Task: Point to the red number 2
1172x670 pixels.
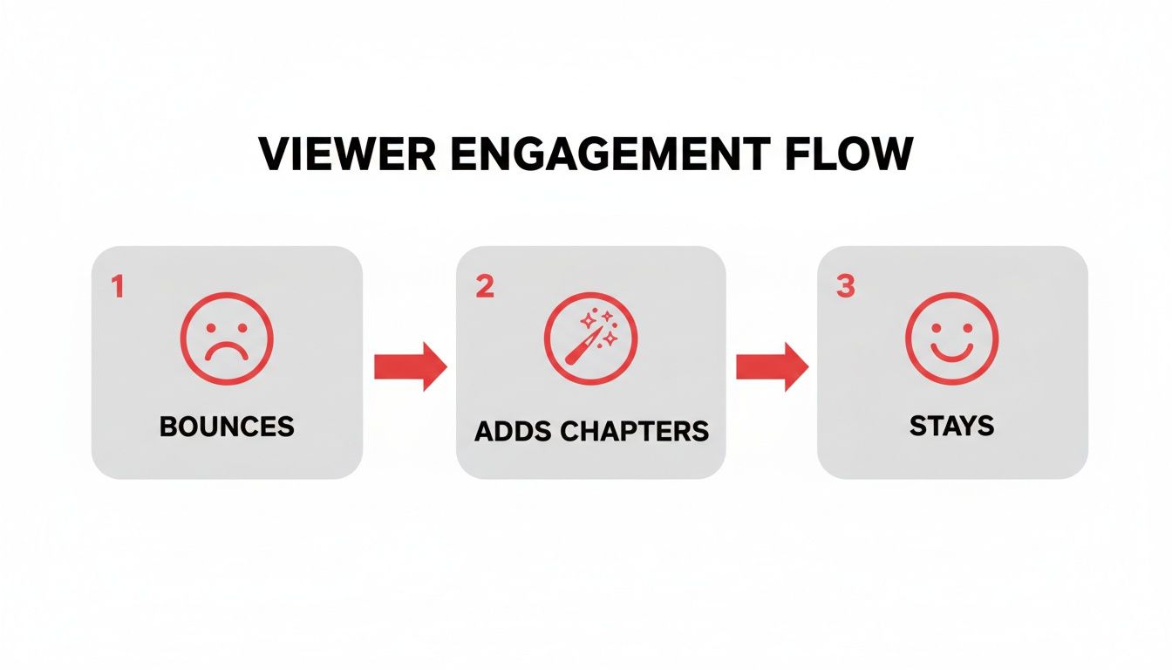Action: click(485, 287)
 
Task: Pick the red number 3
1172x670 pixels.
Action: click(845, 287)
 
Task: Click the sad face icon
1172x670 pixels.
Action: click(227, 338)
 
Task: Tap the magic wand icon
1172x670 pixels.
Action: click(590, 338)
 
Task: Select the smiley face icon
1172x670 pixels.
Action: click(951, 338)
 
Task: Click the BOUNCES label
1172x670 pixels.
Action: click(227, 427)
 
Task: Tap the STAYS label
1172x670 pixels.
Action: click(951, 427)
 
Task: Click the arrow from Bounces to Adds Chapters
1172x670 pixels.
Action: click(410, 366)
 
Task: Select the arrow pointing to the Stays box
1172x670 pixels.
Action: click(772, 366)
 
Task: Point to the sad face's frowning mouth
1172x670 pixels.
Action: click(227, 352)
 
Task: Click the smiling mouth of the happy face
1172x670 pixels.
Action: click(951, 351)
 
